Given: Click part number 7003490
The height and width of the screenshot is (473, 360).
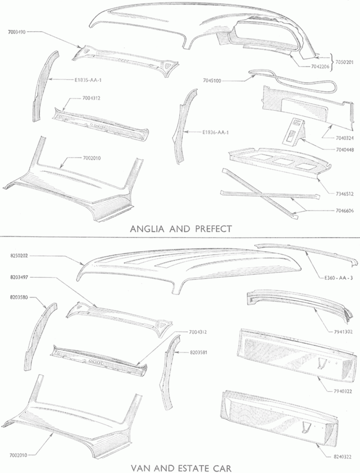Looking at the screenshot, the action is tap(17, 32).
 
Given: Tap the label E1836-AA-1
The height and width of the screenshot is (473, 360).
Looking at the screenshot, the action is tap(215, 132).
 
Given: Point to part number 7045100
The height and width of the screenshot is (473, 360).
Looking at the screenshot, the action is tap(212, 81).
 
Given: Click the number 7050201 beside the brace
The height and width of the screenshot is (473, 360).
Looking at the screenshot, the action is tap(345, 62).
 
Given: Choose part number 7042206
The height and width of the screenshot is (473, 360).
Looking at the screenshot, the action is tap(320, 66).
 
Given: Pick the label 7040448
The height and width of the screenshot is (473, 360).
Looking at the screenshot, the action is tap(345, 150).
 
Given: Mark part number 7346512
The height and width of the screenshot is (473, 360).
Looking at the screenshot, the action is tap(345, 194).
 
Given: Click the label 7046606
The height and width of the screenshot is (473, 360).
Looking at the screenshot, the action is tap(345, 211).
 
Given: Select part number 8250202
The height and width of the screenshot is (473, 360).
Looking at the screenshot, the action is tap(19, 256).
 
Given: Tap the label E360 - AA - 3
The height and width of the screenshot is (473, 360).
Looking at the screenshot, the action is tap(339, 278).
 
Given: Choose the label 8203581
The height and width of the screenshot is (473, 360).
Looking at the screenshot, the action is tap(199, 352).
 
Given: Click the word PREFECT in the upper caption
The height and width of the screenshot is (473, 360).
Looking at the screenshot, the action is tap(213, 229).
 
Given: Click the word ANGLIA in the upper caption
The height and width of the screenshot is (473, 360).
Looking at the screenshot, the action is tap(148, 229).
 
